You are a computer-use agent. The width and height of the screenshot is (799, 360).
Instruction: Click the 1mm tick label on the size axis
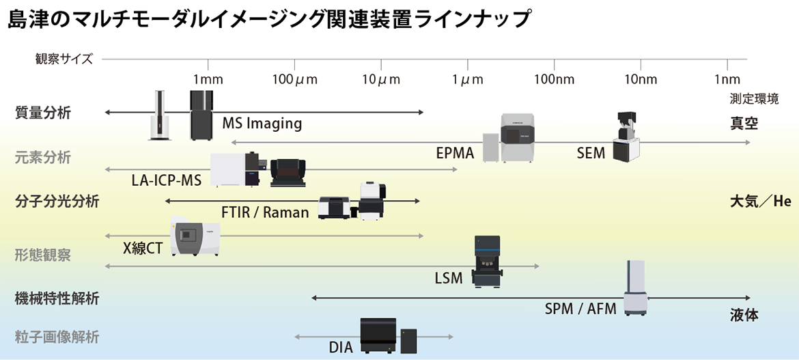[208, 79]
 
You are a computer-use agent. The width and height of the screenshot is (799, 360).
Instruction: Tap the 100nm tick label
[554, 79]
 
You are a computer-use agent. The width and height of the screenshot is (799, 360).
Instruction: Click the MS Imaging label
[262, 124]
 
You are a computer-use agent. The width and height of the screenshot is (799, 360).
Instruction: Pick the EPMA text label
[455, 153]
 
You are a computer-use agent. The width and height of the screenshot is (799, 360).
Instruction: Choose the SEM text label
[591, 153]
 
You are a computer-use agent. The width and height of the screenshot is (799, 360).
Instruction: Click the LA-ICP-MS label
[167, 181]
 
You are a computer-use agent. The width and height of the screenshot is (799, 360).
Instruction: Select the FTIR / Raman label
[265, 212]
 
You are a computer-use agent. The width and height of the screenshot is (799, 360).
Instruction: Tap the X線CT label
[143, 248]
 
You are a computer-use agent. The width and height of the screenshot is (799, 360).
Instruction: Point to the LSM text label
[449, 278]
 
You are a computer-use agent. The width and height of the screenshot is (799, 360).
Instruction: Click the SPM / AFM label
[580, 309]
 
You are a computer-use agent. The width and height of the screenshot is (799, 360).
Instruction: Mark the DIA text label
[341, 347]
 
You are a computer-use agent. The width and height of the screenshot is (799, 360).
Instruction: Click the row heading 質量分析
[42, 113]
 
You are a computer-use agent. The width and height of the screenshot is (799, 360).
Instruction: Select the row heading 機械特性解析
[57, 299]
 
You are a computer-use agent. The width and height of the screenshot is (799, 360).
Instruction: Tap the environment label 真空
[744, 124]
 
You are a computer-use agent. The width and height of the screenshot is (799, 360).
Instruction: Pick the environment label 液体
[744, 316]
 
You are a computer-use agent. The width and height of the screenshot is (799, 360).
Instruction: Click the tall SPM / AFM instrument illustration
[636, 290]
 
